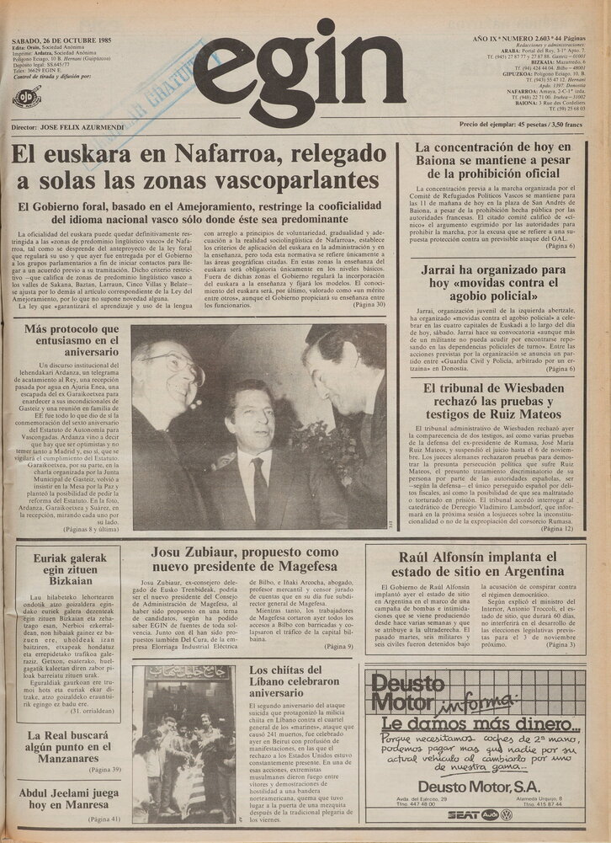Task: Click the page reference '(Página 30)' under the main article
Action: (369, 304)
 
